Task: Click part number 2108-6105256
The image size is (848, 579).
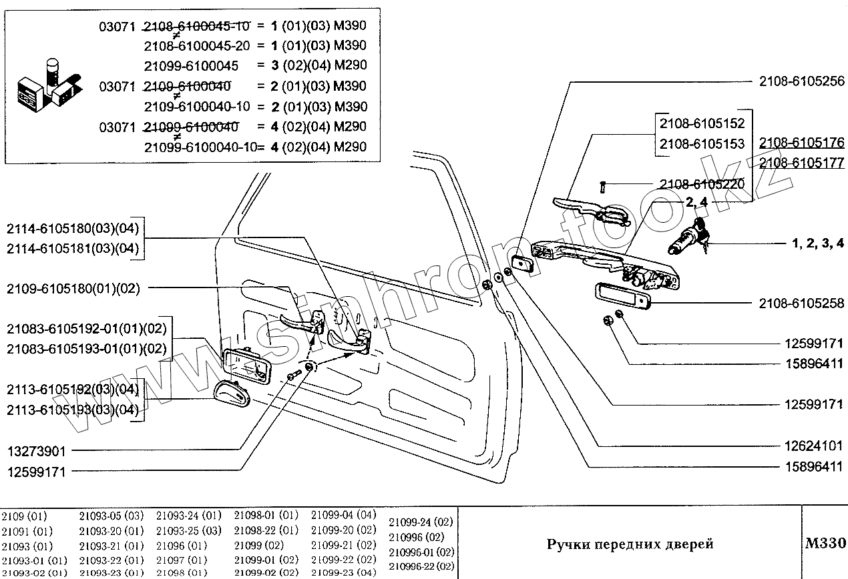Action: point(801,81)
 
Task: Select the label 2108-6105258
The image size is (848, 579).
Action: point(801,304)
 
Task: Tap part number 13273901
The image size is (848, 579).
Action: point(37,451)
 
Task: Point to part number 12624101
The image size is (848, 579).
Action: point(813,446)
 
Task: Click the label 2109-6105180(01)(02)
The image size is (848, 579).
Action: point(73,289)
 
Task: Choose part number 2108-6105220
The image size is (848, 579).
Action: point(702,184)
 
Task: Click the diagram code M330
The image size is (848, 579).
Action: point(825,543)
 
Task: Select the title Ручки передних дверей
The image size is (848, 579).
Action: point(630,544)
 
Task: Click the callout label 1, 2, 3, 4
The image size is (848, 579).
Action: point(818,243)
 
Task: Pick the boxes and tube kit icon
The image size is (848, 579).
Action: point(49,85)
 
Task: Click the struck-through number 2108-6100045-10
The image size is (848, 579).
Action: point(197,26)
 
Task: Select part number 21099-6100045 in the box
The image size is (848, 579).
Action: point(191,66)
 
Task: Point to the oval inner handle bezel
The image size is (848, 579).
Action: point(232,394)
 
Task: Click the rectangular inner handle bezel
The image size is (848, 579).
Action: point(247,366)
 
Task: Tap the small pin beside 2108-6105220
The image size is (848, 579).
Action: point(603,187)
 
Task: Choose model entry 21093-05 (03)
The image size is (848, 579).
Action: point(112,516)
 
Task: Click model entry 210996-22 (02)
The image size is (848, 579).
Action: point(421,566)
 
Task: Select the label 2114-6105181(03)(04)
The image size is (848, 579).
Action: point(73,248)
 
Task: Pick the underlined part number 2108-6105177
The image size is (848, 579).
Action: point(801,163)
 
